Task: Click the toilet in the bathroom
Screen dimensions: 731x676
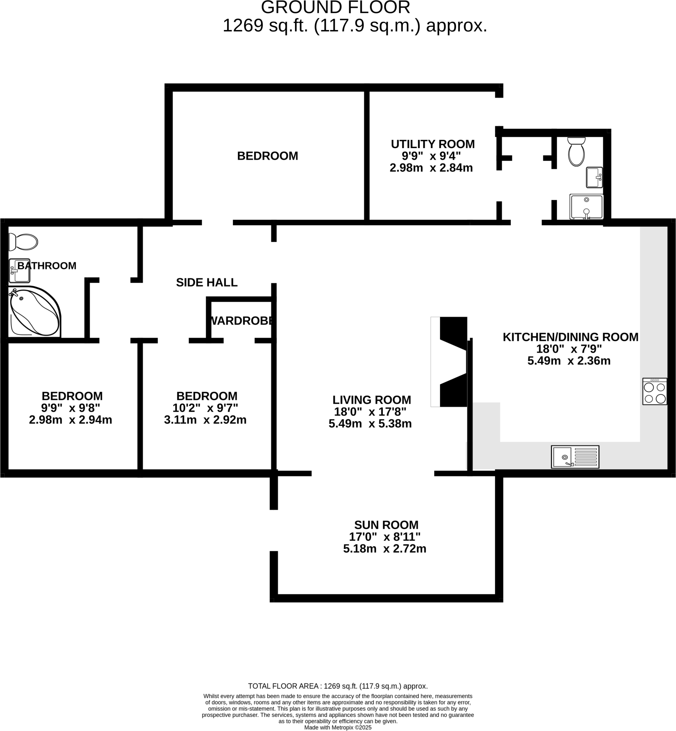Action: pyautogui.click(x=24, y=242)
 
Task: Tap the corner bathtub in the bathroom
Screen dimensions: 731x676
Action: pyautogui.click(x=34, y=312)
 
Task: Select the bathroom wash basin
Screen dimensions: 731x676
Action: pyautogui.click(x=19, y=271)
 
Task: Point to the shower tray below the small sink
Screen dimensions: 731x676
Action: pyautogui.click(x=586, y=207)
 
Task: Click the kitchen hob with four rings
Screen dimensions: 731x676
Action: pyautogui.click(x=655, y=392)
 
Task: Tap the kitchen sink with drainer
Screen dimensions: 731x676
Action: pyautogui.click(x=575, y=457)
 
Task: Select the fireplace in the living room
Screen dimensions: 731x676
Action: pyautogui.click(x=449, y=362)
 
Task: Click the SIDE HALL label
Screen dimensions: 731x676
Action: pyautogui.click(x=207, y=282)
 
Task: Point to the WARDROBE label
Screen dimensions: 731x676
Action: pyautogui.click(x=241, y=321)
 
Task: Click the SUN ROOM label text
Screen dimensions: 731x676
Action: pyautogui.click(x=386, y=525)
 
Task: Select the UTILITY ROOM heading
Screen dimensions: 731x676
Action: pyautogui.click(x=432, y=144)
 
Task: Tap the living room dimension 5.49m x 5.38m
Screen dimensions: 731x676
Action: pyautogui.click(x=370, y=424)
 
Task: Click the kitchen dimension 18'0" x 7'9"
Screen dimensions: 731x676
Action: pyautogui.click(x=569, y=349)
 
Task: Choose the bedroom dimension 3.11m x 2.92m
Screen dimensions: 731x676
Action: pyautogui.click(x=205, y=420)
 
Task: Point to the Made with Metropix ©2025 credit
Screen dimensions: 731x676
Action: pyautogui.click(x=337, y=727)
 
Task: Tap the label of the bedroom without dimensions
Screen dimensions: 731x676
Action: pyautogui.click(x=267, y=156)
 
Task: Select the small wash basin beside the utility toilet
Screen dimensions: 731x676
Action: pyautogui.click(x=594, y=177)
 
